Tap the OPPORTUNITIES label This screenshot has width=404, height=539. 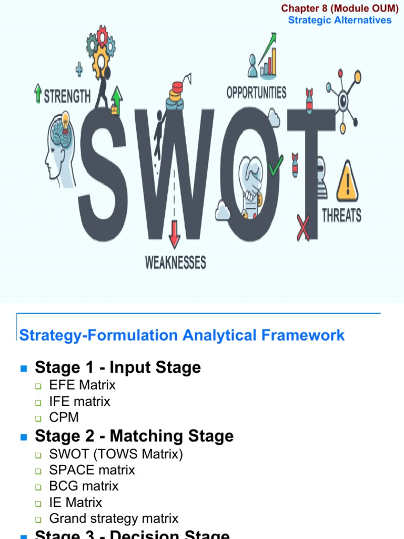(x=256, y=93)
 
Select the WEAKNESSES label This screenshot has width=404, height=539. (x=176, y=262)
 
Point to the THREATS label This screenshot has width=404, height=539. (x=341, y=215)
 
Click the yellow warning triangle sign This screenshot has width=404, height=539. (x=347, y=182)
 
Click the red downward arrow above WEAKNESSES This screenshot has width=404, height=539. (x=174, y=235)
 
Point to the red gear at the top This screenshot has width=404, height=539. (x=103, y=36)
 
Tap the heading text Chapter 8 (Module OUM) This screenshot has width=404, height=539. (x=340, y=8)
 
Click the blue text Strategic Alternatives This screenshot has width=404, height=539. (x=340, y=20)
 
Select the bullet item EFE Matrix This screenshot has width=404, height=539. (x=82, y=385)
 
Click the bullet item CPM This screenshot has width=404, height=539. (x=64, y=417)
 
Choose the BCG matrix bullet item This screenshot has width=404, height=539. (x=84, y=486)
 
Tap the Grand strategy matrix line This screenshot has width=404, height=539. (x=114, y=518)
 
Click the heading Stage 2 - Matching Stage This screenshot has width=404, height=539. (x=134, y=436)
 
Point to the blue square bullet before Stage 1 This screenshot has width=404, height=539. (x=23, y=368)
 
